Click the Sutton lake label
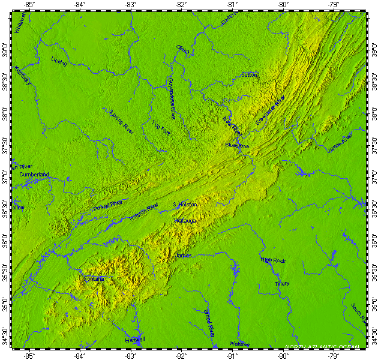coord(249,75)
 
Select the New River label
coord(233,125)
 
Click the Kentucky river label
coord(23,76)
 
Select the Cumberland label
coord(34,175)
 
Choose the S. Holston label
coord(185,205)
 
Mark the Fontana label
coord(94,279)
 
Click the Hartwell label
coord(134,340)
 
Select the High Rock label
coord(273,260)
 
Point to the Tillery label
coord(282,283)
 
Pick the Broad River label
coord(208,323)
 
